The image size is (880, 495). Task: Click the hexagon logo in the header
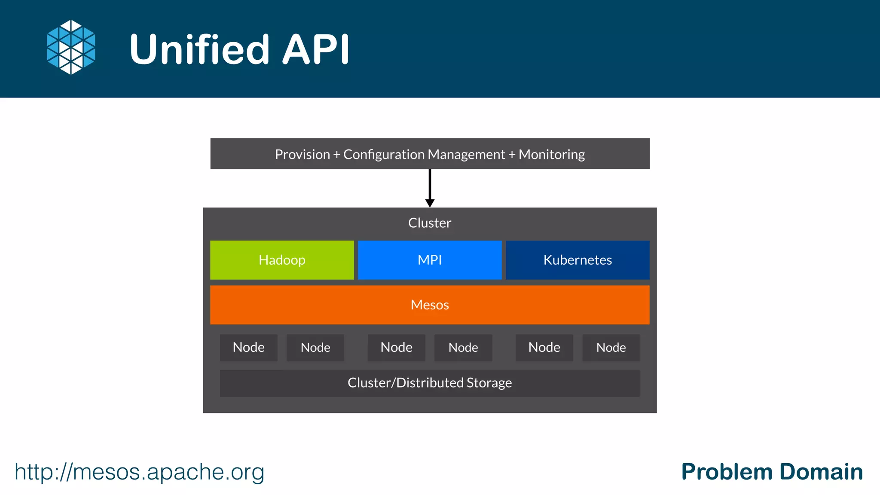[71, 47]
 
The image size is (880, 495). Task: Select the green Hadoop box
[282, 260]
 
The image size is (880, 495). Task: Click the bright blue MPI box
[430, 260]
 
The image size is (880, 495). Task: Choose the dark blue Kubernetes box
[577, 260]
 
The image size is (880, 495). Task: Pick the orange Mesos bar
[430, 305]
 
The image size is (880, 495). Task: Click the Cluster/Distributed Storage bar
[430, 383]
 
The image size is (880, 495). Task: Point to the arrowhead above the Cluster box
[430, 203]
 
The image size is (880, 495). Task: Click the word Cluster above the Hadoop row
[430, 223]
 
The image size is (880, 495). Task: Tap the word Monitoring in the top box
[552, 154]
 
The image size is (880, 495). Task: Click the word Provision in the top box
[302, 154]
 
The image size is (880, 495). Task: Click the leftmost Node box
[248, 347]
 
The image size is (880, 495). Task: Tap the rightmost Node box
[611, 347]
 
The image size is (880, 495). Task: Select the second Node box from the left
[315, 347]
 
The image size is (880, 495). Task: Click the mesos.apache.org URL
[139, 472]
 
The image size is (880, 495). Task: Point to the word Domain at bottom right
[821, 472]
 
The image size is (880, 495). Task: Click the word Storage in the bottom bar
[489, 383]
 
